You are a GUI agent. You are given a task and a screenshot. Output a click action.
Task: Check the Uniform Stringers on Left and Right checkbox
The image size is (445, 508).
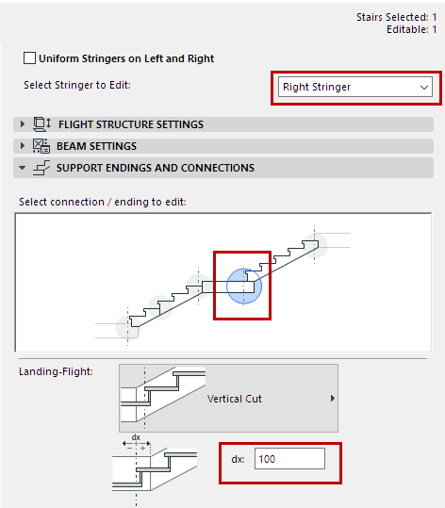point(29,58)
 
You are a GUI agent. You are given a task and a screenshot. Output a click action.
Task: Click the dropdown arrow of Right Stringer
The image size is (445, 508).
point(422,87)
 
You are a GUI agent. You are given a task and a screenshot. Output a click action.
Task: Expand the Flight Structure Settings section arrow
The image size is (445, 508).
point(23,124)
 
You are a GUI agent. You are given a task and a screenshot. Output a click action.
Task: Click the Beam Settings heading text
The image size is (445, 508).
point(97,146)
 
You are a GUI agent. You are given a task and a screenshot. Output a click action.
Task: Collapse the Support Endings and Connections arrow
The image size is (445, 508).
point(23,168)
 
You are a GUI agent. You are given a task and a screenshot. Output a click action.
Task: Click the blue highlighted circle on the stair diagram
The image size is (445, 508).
point(243,285)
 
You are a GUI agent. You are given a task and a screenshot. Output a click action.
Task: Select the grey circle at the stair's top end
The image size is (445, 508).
point(317,244)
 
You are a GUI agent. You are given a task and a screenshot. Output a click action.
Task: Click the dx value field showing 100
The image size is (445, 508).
point(289,459)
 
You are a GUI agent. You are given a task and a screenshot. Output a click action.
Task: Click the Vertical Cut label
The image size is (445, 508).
point(234,399)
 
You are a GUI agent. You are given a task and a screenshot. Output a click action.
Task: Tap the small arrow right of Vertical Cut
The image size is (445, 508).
point(331,399)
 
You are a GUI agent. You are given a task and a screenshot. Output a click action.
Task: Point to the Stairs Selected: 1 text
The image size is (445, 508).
point(396,17)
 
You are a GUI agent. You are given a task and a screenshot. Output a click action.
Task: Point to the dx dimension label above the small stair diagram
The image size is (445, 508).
point(135,436)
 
